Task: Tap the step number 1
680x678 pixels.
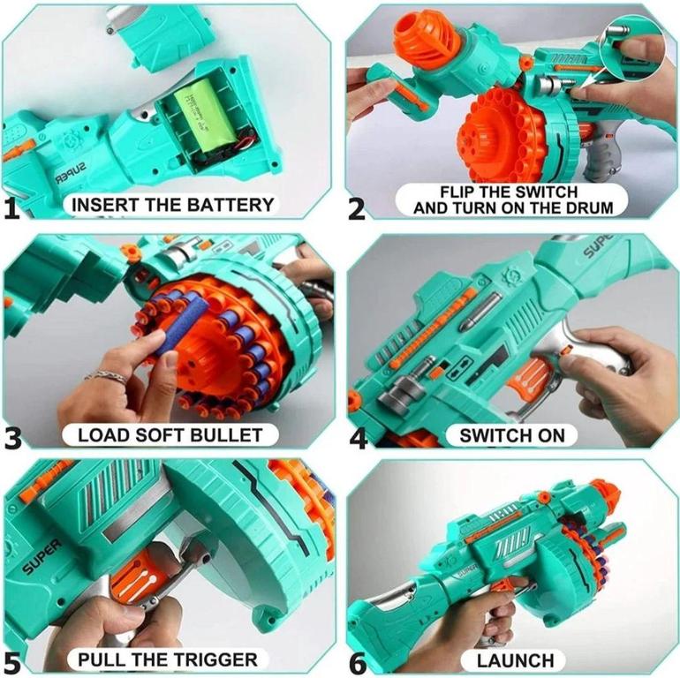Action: click(x=11, y=208)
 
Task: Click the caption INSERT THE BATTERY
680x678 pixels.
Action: click(x=172, y=205)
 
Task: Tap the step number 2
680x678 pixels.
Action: click(x=356, y=208)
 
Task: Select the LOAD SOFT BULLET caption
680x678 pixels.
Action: click(x=170, y=434)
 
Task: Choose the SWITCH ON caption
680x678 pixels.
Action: click(x=512, y=434)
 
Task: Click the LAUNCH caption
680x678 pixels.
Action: click(x=516, y=659)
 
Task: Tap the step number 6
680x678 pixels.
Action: click(x=357, y=661)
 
